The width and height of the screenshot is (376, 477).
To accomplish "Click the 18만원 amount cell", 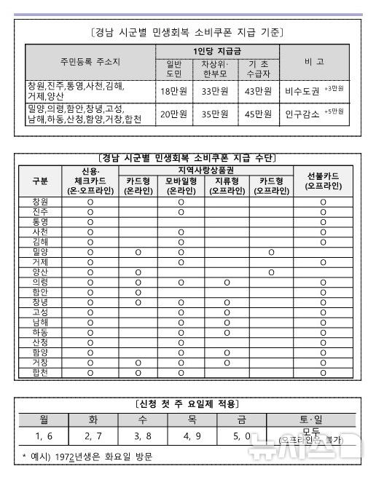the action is point(173,91).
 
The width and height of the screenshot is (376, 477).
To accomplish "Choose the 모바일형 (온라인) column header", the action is point(181,185).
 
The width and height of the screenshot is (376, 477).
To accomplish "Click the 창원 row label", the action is point(41,201).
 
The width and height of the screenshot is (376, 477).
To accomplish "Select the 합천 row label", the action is point(41,371).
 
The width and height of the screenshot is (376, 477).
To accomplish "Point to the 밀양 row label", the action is point(41,251).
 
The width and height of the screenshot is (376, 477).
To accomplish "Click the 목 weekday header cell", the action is point(192,419).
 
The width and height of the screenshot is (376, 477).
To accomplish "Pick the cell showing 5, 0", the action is point(243,436).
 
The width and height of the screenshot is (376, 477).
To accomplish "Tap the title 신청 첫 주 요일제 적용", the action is point(188,403).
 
